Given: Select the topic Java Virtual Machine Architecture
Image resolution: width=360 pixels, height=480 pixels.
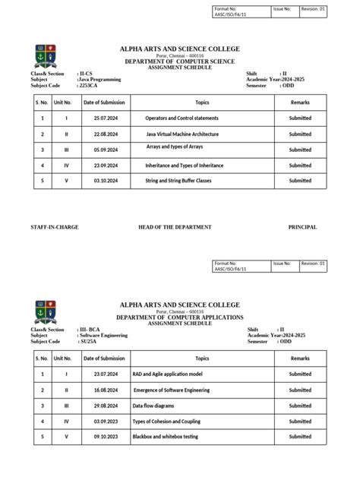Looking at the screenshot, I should (183, 134).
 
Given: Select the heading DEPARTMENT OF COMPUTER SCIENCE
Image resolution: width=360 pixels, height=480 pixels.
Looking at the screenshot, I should (180, 60).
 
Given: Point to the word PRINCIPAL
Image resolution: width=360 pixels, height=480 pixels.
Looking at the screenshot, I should (302, 227).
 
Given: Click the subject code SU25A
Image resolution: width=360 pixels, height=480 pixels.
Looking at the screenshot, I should (89, 341).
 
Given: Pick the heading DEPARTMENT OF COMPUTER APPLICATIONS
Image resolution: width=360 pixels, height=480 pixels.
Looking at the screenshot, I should (180, 316).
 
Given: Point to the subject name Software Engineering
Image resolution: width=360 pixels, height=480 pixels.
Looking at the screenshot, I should (104, 335).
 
